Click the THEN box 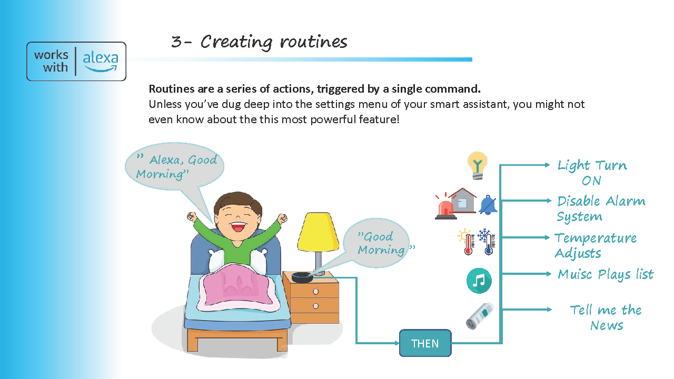(x=425, y=343)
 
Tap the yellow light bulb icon (x=477, y=166)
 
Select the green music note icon (x=479, y=281)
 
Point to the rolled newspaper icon (x=480, y=316)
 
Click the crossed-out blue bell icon (x=488, y=205)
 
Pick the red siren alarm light (x=445, y=206)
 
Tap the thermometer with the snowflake (x=487, y=242)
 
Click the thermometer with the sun (x=466, y=242)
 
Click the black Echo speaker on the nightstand (x=302, y=277)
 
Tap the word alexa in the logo (x=101, y=58)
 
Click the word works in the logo (x=51, y=55)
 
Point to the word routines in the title (x=313, y=42)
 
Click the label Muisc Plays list (x=606, y=275)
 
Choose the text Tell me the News (x=606, y=317)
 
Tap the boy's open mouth (x=238, y=226)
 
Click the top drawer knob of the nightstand (x=315, y=292)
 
